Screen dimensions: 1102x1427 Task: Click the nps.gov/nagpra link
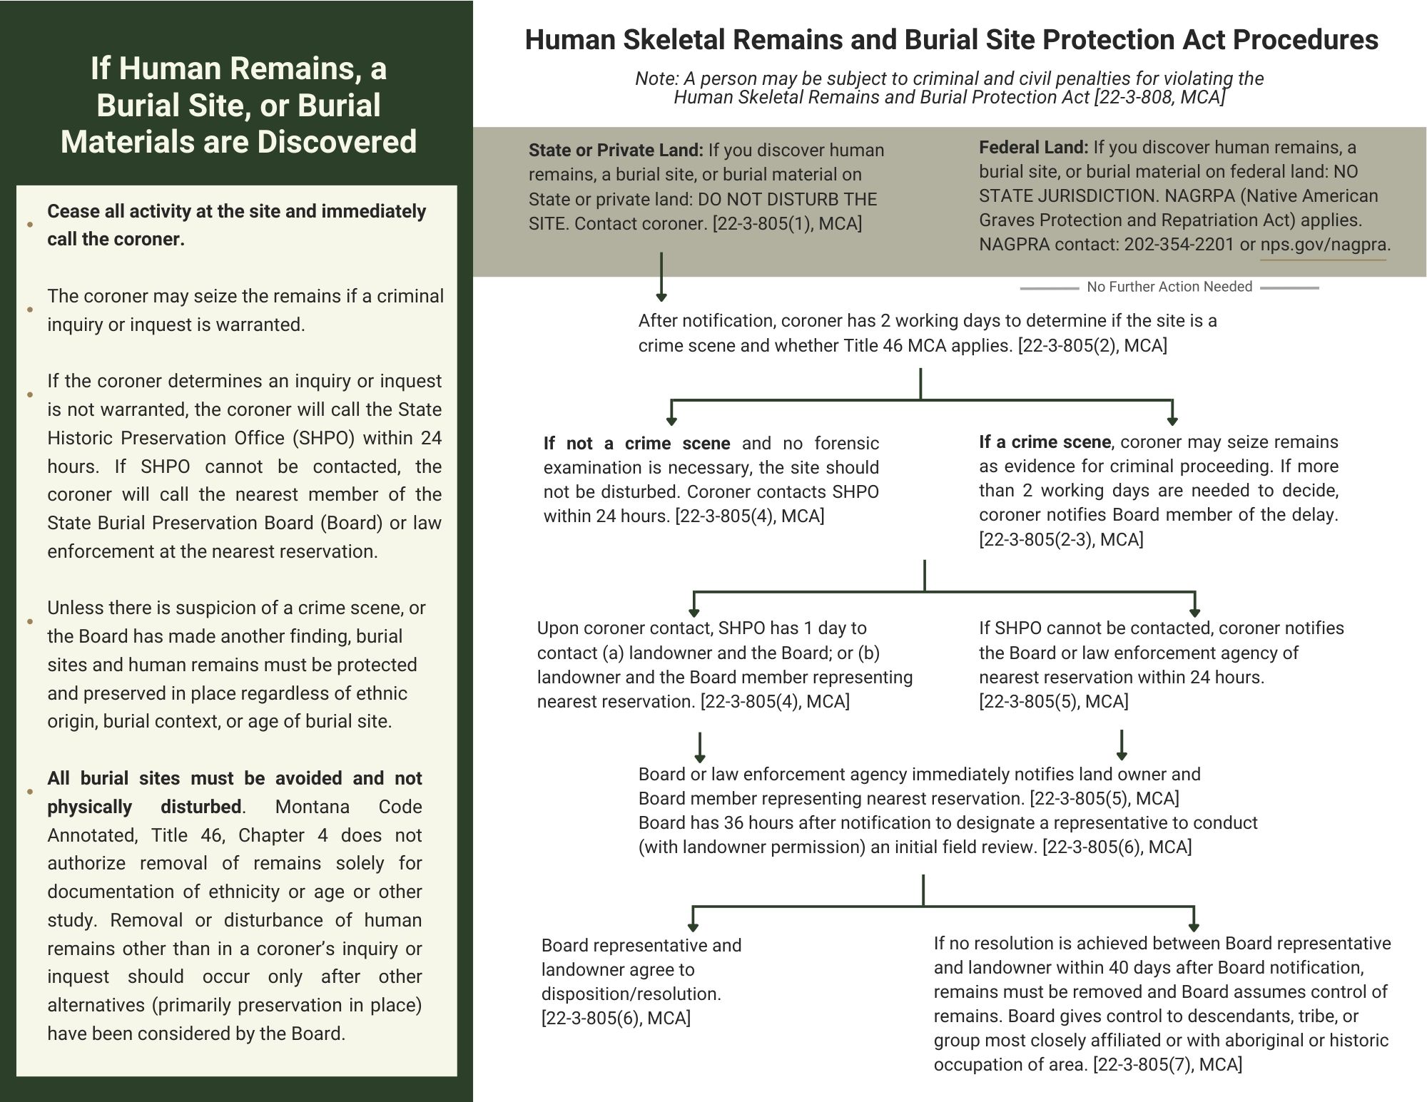tap(1324, 245)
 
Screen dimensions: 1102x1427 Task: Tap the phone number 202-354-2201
tap(1179, 245)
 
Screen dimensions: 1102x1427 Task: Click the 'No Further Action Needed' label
tap(1169, 287)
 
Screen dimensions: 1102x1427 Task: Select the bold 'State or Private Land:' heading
tap(616, 150)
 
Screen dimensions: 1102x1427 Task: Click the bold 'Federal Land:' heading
tap(1033, 148)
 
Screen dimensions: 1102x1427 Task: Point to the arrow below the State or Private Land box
tap(661, 277)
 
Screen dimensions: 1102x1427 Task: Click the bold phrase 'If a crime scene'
tap(1045, 442)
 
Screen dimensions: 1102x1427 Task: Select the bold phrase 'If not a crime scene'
tap(636, 444)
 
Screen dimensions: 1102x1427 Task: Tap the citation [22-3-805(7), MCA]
tap(1167, 1065)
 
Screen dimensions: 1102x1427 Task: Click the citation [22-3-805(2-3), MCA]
tap(1061, 540)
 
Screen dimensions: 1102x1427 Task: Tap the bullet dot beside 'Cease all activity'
tap(30, 225)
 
